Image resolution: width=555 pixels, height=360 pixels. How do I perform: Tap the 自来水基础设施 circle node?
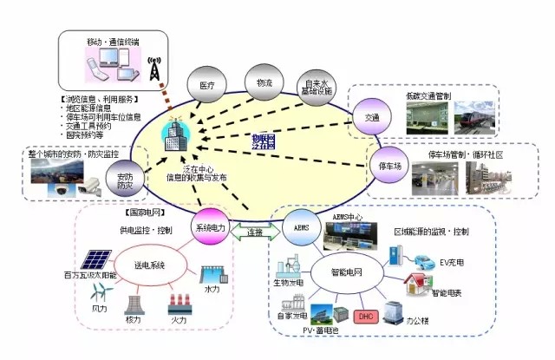[320, 86]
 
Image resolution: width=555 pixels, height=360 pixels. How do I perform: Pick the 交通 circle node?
[371, 116]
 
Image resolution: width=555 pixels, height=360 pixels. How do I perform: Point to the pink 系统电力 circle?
[211, 228]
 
